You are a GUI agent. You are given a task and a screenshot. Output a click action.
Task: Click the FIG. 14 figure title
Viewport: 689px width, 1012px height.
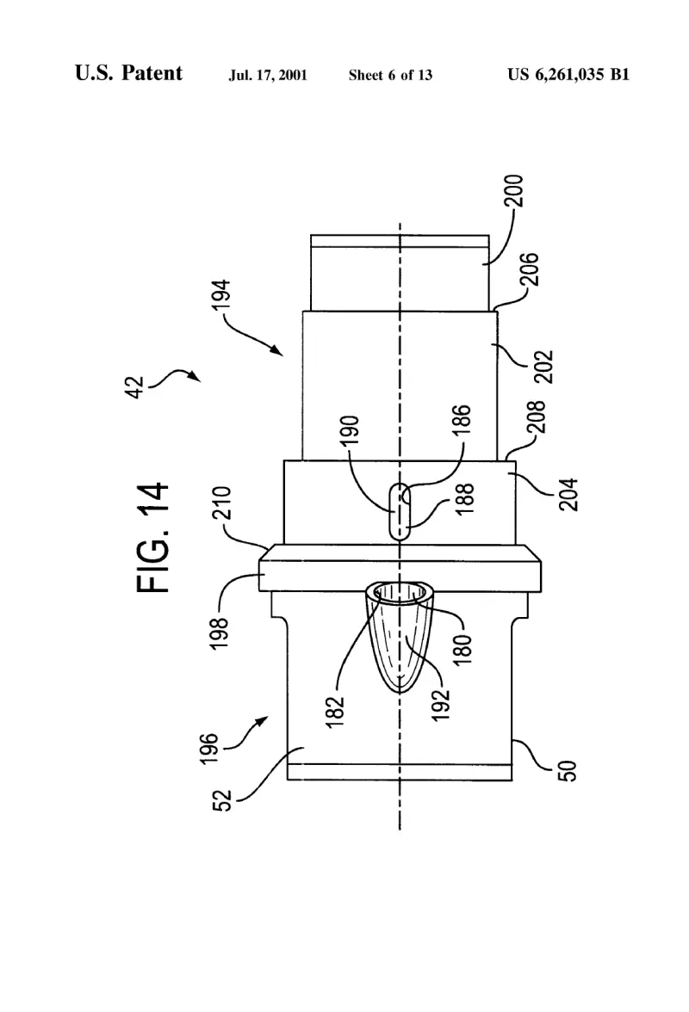pyautogui.click(x=153, y=538)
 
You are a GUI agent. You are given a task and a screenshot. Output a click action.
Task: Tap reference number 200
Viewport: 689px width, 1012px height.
pyautogui.click(x=514, y=190)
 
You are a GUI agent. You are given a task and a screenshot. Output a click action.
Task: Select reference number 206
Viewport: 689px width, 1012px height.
pyautogui.click(x=529, y=269)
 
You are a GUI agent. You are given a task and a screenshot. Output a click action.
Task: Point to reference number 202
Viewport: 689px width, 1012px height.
pyautogui.click(x=544, y=367)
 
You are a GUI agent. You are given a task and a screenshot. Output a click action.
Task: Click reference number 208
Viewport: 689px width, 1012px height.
pyautogui.click(x=537, y=417)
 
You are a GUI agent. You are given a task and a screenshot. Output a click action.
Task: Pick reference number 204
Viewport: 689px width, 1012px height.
pyautogui.click(x=568, y=495)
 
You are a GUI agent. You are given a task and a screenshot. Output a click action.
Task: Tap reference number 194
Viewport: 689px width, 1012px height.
pyautogui.click(x=220, y=296)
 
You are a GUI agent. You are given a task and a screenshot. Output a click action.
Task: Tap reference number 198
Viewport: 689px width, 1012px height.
pyautogui.click(x=220, y=633)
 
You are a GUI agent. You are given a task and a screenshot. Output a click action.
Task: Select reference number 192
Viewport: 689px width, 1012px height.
pyautogui.click(x=440, y=705)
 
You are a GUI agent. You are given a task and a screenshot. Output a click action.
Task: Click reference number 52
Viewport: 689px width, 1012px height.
pyautogui.click(x=221, y=800)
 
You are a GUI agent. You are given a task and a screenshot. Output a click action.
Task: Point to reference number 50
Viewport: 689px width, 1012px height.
pyautogui.click(x=567, y=771)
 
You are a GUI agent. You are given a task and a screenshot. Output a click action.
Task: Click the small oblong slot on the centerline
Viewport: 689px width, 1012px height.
pyautogui.click(x=400, y=511)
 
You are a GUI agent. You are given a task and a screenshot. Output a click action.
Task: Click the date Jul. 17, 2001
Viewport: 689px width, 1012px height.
pyautogui.click(x=268, y=76)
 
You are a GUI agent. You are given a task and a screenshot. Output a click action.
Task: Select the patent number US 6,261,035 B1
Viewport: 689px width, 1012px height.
pyautogui.click(x=568, y=75)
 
